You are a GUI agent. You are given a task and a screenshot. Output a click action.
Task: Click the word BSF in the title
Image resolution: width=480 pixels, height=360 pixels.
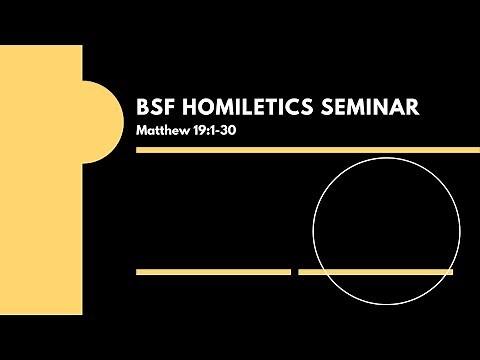point(155,107)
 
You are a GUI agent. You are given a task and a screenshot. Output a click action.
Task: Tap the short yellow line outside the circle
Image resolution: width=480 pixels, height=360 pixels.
point(213,271)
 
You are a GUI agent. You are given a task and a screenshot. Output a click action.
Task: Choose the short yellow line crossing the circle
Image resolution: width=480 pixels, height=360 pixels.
point(376,271)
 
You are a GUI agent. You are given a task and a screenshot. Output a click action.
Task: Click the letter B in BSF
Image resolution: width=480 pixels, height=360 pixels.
point(143,107)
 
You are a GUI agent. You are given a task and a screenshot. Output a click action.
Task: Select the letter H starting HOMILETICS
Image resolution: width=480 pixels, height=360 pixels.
point(187,107)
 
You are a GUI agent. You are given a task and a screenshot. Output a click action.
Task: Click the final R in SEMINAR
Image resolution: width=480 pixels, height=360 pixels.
point(411,107)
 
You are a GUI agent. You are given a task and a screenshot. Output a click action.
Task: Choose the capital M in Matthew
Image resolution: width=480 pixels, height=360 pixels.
point(143,130)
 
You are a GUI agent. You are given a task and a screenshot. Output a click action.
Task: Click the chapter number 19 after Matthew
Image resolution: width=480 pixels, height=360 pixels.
point(203,130)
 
